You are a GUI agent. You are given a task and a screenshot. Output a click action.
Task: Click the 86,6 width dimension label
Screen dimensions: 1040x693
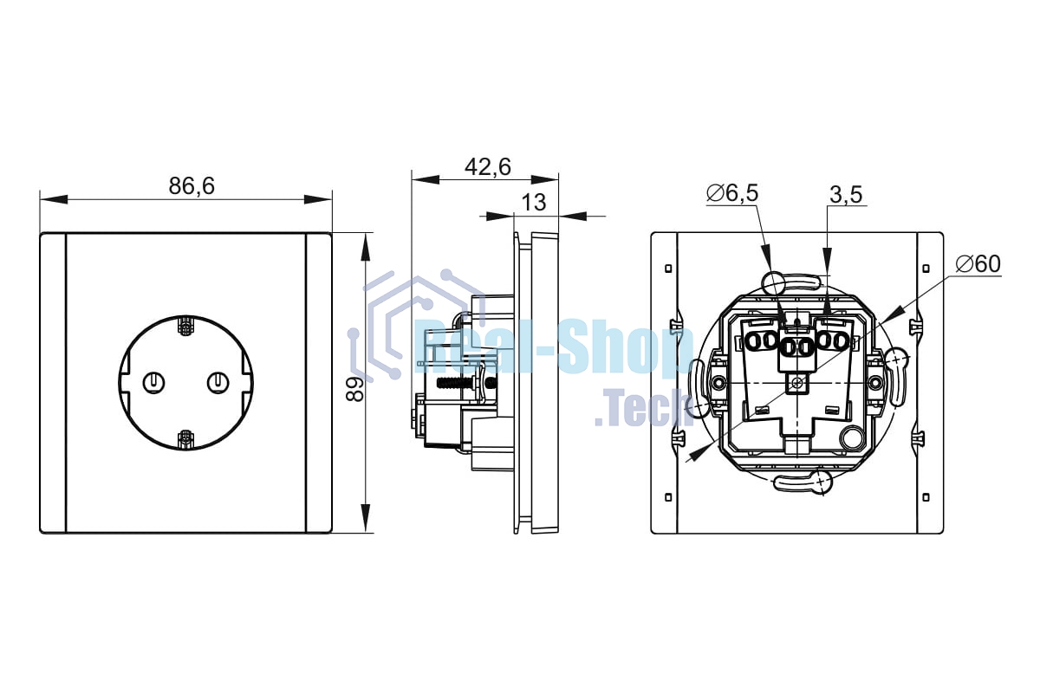[x=192, y=186]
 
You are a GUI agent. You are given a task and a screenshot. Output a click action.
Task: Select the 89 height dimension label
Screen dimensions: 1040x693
[x=355, y=389]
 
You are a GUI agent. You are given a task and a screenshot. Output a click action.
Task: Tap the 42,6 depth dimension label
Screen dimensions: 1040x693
[x=488, y=167]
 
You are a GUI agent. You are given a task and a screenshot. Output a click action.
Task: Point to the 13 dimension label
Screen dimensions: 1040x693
[x=534, y=203]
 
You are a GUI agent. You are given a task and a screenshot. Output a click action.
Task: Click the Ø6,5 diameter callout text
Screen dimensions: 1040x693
[x=732, y=193]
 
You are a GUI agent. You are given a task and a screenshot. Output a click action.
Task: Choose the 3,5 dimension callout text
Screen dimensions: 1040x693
[x=846, y=195]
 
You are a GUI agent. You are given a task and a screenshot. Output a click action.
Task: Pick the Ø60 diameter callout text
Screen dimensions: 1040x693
[x=978, y=264]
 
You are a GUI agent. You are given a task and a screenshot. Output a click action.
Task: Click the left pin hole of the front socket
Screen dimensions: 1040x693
[x=154, y=383]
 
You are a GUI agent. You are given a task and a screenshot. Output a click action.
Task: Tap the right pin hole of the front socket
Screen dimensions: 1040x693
[x=218, y=383]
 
